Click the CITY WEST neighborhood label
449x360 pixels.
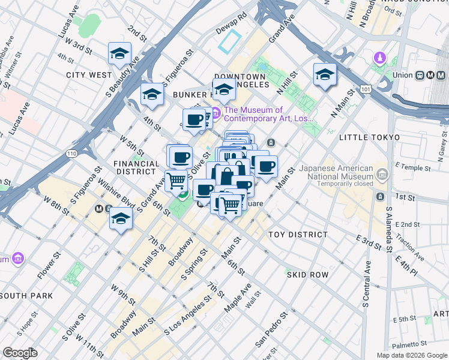89,75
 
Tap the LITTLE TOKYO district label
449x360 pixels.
369,137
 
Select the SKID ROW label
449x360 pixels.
307,274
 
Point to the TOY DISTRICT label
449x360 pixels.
298,235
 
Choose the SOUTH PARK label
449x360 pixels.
26,296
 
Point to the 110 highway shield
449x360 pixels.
72,154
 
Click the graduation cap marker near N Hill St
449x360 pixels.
324,75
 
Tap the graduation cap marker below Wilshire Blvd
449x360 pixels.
121,219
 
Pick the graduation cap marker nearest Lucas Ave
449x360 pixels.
119,55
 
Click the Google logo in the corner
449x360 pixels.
20,353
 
